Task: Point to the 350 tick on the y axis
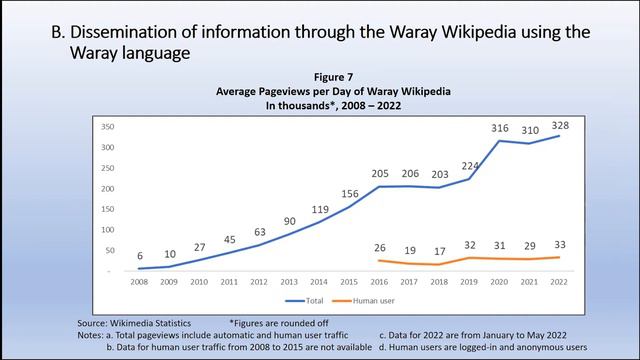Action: tap(106, 127)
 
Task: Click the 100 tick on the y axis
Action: tap(106, 229)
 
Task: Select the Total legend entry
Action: tap(300, 300)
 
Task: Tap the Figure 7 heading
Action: tap(319, 77)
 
